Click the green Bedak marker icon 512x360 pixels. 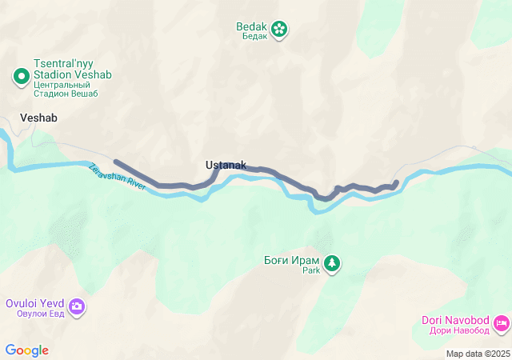pos(279,30)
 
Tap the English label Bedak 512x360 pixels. pos(251,26)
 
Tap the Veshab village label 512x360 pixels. pos(38,117)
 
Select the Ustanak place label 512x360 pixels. pos(226,165)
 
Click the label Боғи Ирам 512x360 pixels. pos(291,260)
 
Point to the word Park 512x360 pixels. pos(310,271)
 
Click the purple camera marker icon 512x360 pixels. pos(77,306)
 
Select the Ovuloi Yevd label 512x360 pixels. pos(34,303)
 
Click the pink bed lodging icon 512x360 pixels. pos(502,323)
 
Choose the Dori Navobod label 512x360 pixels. pos(455,321)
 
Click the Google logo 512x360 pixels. pos(26,350)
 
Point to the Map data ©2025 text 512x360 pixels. pos(478,354)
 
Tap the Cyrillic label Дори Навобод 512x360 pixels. pos(455,331)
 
